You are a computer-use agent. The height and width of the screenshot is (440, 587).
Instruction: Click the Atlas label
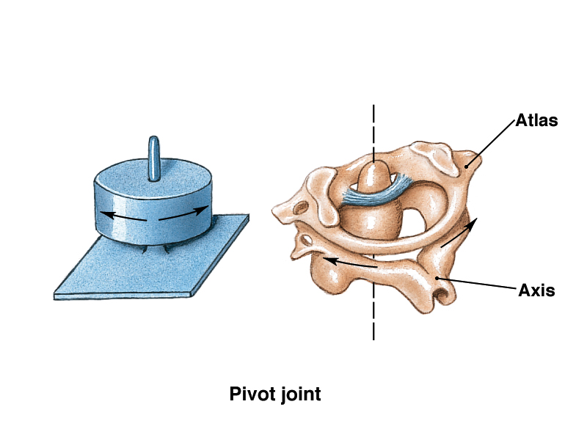537,120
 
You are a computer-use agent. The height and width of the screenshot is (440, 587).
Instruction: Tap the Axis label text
536,289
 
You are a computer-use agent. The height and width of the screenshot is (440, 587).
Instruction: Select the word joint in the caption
301,395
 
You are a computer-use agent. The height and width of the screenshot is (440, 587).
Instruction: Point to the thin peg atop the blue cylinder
154,158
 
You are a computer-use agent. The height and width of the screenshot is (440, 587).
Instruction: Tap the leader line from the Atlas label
491,143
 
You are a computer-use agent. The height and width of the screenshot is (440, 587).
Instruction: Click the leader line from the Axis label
477,283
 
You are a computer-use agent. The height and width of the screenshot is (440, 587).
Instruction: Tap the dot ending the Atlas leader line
467,166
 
